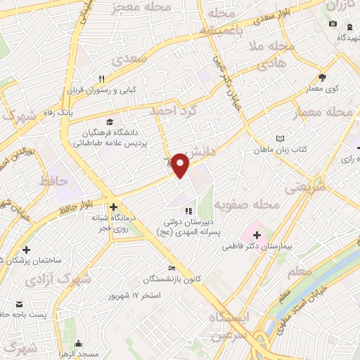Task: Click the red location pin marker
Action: (x=181, y=165)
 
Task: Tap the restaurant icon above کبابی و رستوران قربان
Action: (x=102, y=78)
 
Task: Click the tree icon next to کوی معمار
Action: (x=322, y=77)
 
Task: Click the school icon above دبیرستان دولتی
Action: (x=188, y=211)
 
